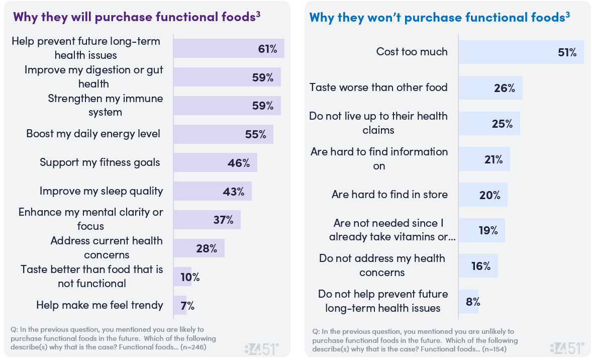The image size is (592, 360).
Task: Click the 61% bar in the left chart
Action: point(229,48)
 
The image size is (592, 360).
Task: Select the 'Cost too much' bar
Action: point(521,52)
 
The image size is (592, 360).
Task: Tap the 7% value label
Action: point(188,305)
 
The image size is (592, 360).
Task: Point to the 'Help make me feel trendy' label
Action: point(100,305)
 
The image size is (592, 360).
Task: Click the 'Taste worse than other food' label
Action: point(378,87)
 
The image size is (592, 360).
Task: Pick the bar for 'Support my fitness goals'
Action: point(215,162)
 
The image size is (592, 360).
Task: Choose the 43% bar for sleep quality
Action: point(212,191)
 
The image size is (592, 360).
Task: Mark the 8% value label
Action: point(473,302)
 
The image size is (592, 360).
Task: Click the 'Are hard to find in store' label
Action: point(389,195)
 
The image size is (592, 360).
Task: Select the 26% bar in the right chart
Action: point(490,88)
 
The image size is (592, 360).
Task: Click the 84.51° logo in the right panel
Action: point(567,348)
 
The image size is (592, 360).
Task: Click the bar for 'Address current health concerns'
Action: point(199,248)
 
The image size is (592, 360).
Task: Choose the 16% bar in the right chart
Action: point(477,266)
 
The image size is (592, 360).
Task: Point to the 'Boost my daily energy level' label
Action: point(93,134)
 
